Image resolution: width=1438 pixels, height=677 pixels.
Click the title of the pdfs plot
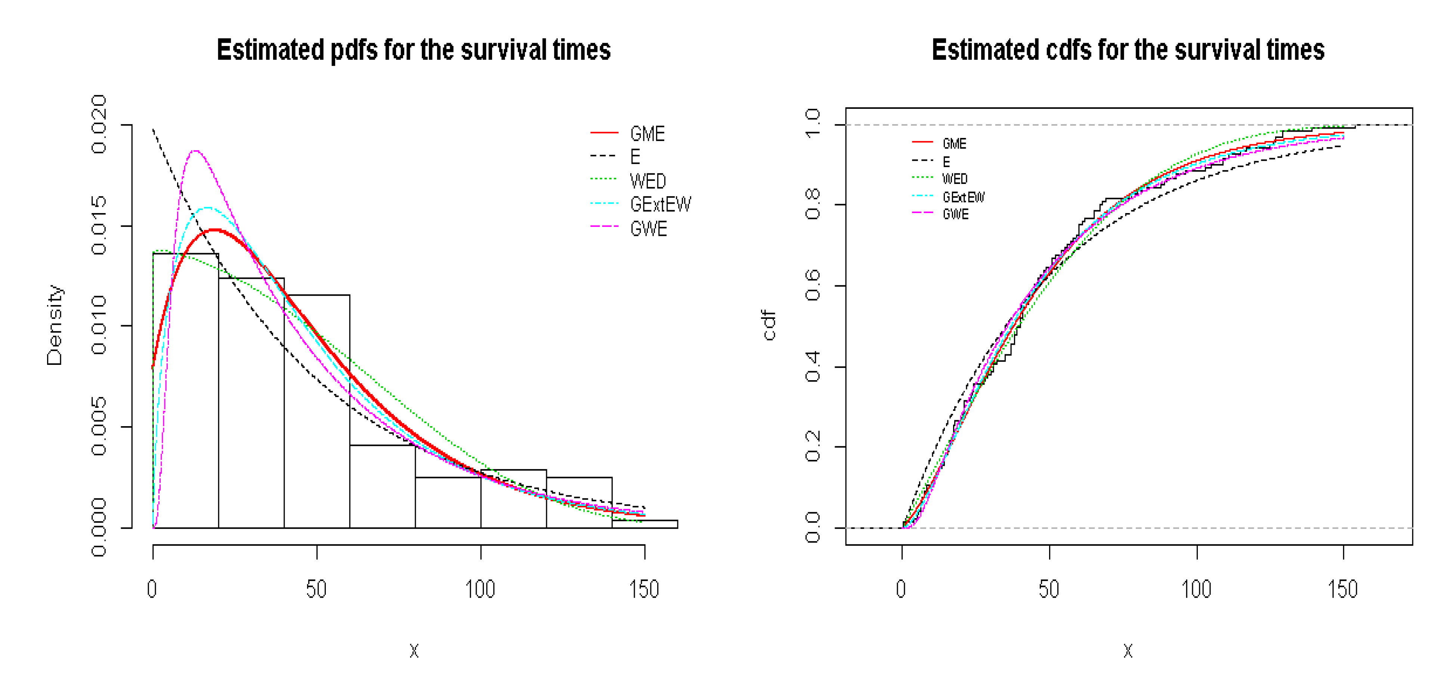pos(413,50)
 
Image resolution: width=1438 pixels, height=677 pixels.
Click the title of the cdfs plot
pos(1128,50)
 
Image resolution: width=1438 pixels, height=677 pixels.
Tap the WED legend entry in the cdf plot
pos(955,179)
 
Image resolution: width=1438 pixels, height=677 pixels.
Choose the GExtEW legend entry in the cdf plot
pos(963,197)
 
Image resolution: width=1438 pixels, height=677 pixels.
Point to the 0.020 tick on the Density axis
pos(99,124)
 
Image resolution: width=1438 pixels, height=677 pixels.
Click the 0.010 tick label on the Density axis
pos(99,326)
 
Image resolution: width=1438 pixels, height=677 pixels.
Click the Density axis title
pos(55,326)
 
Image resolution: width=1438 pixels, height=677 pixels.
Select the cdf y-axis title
pos(769,326)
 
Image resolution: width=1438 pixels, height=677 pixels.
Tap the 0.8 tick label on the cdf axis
pos(813,204)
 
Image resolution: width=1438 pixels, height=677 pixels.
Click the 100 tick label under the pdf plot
pos(480,589)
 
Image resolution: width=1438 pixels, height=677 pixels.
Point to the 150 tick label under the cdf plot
pos(1342,589)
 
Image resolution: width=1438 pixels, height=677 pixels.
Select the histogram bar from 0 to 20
pos(185,391)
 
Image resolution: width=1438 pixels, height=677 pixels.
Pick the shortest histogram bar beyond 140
pos(645,524)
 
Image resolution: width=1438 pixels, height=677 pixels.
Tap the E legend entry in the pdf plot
pos(635,157)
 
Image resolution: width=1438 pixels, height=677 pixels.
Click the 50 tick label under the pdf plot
pos(316,589)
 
